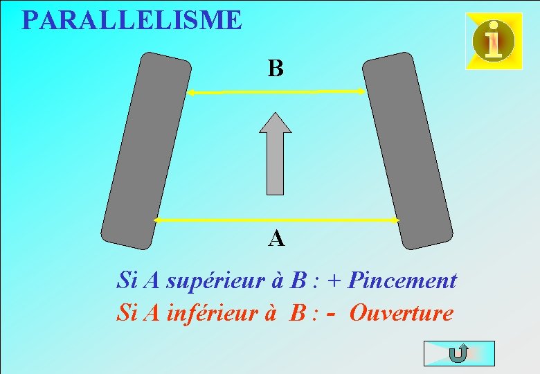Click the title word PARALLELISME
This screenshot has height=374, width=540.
(x=132, y=20)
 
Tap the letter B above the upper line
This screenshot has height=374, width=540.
(x=276, y=69)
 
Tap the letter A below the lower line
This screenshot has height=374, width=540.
(x=276, y=239)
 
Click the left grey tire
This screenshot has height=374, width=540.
(x=146, y=150)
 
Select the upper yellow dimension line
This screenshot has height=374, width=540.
(x=277, y=91)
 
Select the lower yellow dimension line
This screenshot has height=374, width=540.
(x=277, y=220)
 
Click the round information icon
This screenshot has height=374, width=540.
(x=494, y=41)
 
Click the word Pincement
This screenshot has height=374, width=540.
(x=402, y=281)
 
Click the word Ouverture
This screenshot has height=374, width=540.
(x=402, y=313)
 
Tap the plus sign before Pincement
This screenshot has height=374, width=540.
(x=336, y=282)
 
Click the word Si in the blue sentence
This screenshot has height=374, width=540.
(x=126, y=281)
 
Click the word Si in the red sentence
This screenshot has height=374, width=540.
(x=126, y=313)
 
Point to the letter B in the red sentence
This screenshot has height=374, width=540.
(x=298, y=313)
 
